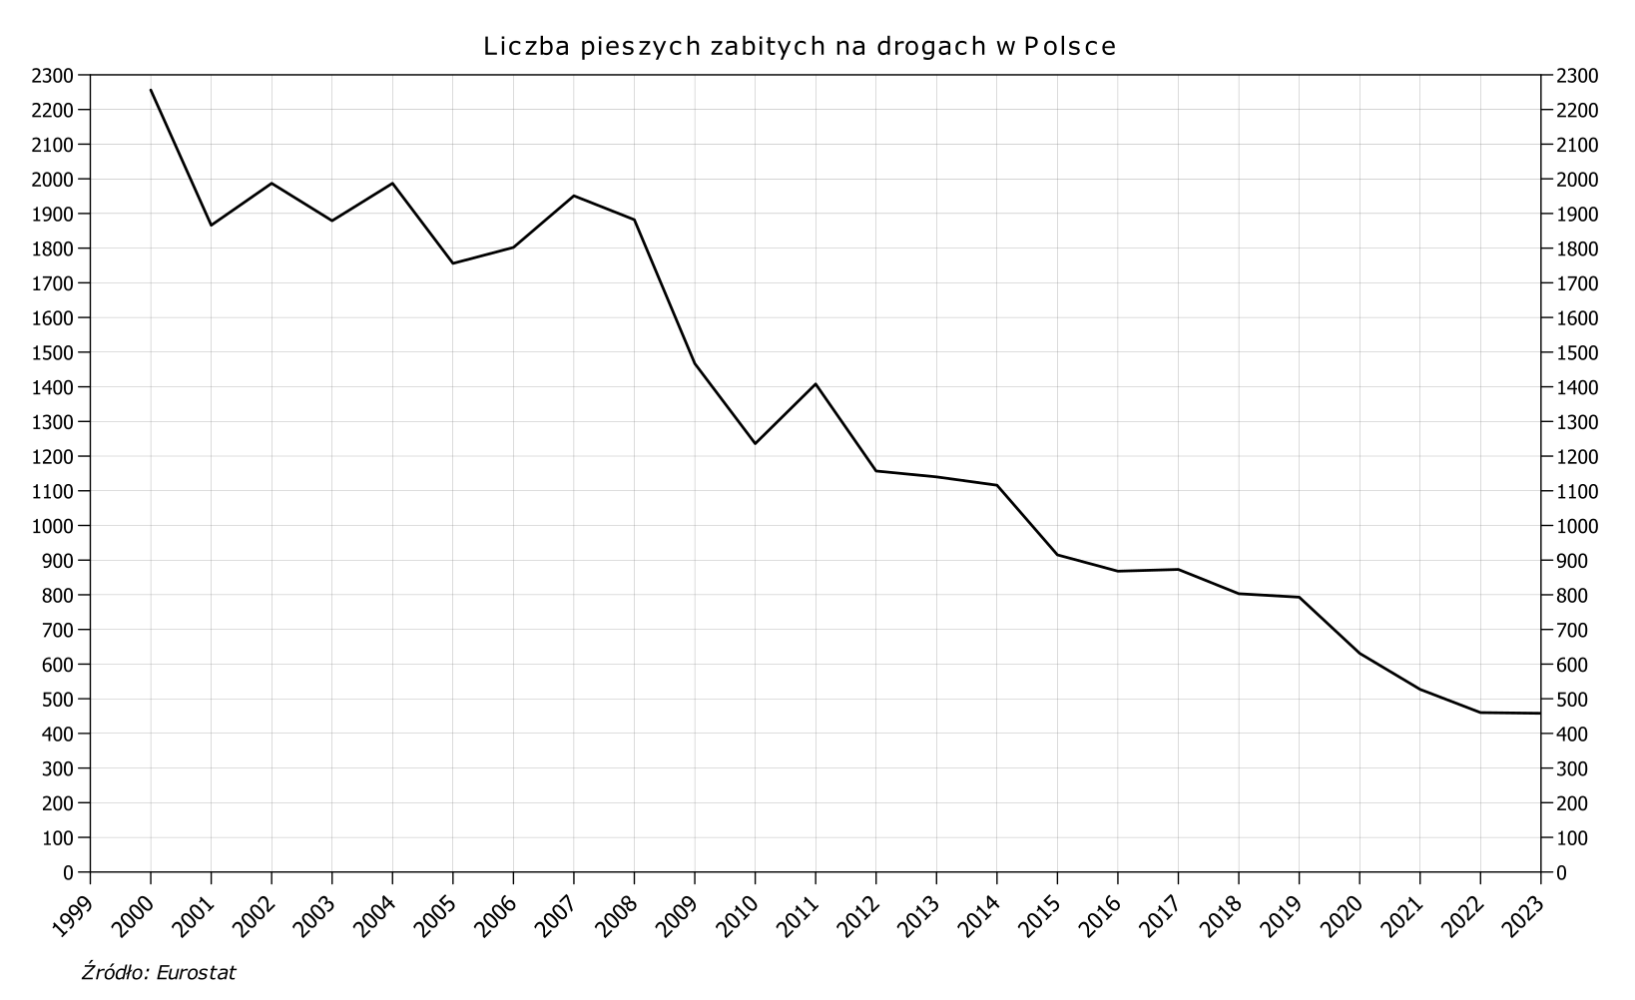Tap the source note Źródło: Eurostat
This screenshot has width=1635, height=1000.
(159, 972)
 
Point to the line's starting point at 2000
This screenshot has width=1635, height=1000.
(151, 90)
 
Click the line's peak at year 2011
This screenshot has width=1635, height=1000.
(816, 384)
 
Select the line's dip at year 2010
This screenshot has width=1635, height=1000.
(755, 443)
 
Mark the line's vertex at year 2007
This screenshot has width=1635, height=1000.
(574, 196)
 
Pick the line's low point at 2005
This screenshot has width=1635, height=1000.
(453, 263)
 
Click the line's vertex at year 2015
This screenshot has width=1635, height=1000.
(1057, 555)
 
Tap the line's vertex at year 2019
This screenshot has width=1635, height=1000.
(1299, 597)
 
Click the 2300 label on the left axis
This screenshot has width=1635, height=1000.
(53, 75)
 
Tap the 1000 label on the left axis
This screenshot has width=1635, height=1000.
(53, 526)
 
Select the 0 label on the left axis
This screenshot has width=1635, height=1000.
(68, 872)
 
